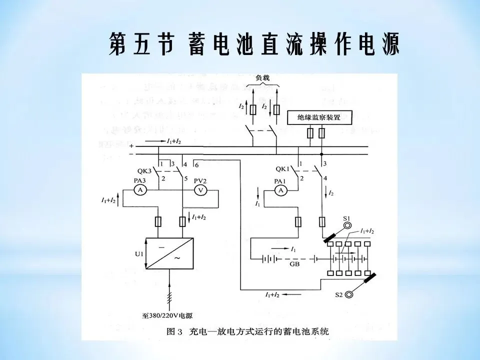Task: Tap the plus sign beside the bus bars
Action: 131,146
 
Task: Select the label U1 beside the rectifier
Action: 138,253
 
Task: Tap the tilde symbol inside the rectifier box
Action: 175,259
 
